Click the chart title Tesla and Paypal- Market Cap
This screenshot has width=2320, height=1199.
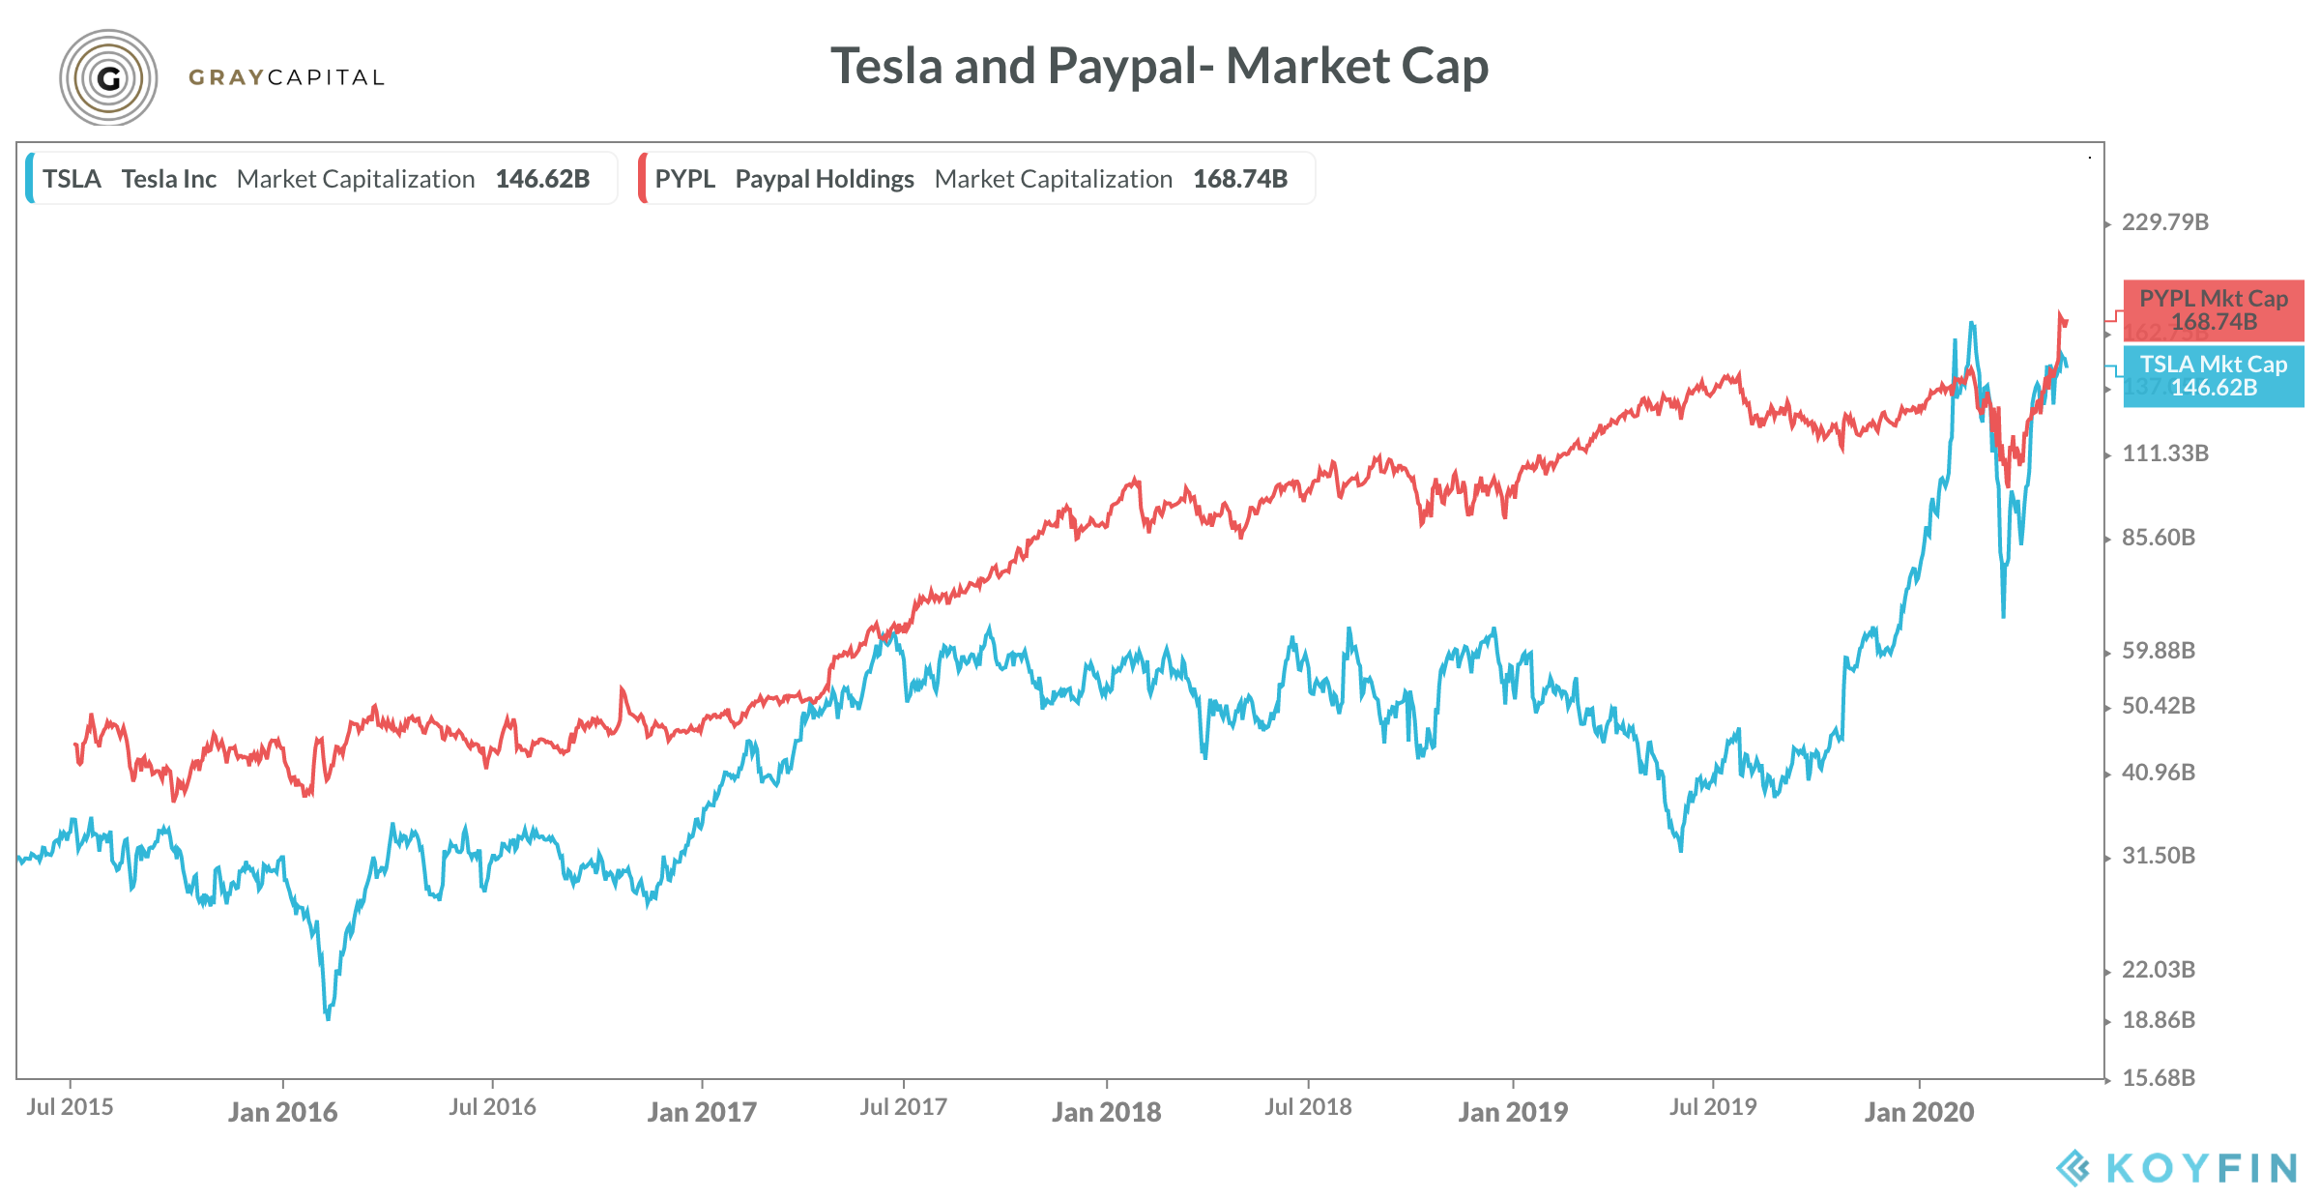[x=1159, y=67]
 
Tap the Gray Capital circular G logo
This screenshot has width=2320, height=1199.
[x=108, y=77]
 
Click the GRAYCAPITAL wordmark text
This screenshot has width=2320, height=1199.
[x=287, y=77]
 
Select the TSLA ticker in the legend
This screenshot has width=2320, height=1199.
[x=72, y=179]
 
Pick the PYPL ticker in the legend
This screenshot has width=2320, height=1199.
[x=684, y=179]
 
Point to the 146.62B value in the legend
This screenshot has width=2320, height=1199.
[x=542, y=179]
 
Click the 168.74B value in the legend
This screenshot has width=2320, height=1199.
[x=1240, y=179]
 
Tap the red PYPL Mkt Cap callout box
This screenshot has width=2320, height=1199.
[x=2213, y=310]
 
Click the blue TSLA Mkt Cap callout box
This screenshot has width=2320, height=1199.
[x=2213, y=376]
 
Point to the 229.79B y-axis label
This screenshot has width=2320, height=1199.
[x=2164, y=222]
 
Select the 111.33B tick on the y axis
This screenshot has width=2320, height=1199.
[x=2164, y=453]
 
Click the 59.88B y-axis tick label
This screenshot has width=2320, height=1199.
[x=2158, y=651]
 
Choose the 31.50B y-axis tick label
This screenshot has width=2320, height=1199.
[x=2158, y=856]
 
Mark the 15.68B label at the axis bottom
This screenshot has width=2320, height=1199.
[x=2158, y=1078]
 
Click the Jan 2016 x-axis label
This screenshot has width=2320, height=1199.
[x=282, y=1112]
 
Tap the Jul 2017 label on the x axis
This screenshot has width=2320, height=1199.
[x=903, y=1107]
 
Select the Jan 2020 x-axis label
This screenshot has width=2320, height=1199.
[x=1919, y=1112]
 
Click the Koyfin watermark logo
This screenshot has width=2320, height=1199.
[x=2176, y=1168]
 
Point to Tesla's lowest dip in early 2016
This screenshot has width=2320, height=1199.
[x=328, y=1017]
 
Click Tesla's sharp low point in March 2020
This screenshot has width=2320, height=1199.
[x=2003, y=615]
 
